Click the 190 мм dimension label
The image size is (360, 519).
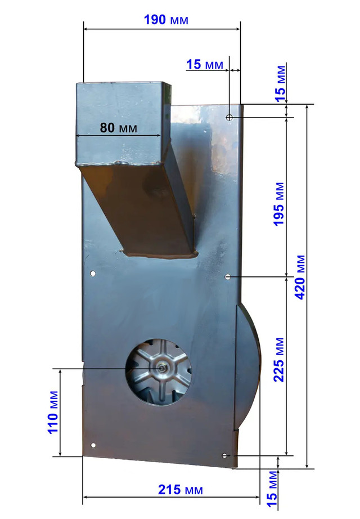(166, 20)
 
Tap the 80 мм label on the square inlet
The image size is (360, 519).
(118, 127)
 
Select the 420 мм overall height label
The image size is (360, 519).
(300, 278)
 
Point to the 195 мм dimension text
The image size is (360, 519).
(278, 204)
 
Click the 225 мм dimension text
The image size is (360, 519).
(278, 360)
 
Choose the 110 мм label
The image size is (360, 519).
(53, 413)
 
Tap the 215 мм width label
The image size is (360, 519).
(181, 490)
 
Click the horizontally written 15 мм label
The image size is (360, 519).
(205, 64)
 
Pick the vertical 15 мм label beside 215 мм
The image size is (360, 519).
(272, 489)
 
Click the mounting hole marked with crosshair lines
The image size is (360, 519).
(229, 117)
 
